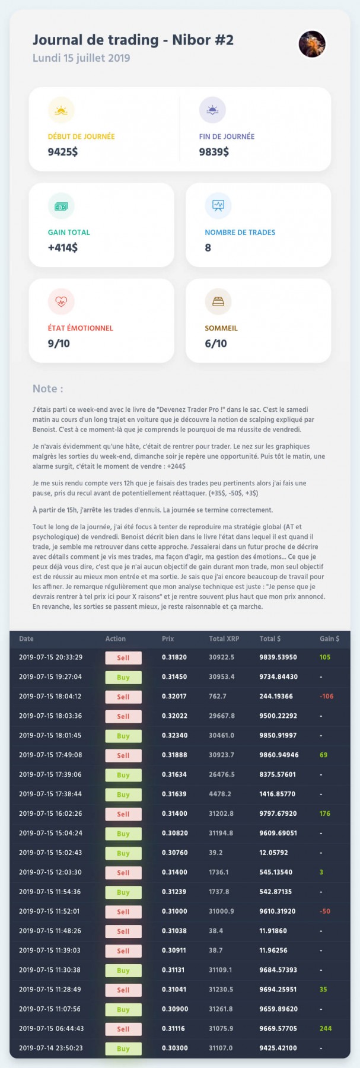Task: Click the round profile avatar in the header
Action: point(312,44)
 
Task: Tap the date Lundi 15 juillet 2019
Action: point(81,58)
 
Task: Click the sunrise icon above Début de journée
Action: point(61,110)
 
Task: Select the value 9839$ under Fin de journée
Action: point(214,152)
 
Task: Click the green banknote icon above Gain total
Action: point(61,206)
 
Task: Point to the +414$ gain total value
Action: point(63,247)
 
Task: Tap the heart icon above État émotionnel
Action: point(61,301)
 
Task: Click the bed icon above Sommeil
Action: point(218,301)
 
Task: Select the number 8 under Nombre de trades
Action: point(208,247)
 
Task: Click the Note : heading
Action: point(48,389)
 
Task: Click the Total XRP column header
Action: point(224,639)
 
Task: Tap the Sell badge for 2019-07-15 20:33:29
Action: point(123,657)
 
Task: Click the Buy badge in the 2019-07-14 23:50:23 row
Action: point(123,1048)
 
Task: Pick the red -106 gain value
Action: point(327,697)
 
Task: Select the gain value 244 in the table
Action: point(326,1029)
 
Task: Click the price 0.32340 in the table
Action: point(174,736)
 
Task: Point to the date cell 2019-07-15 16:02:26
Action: point(50,813)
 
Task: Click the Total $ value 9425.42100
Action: point(278,1048)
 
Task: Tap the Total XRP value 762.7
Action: point(218,697)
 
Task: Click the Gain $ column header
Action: point(330,639)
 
